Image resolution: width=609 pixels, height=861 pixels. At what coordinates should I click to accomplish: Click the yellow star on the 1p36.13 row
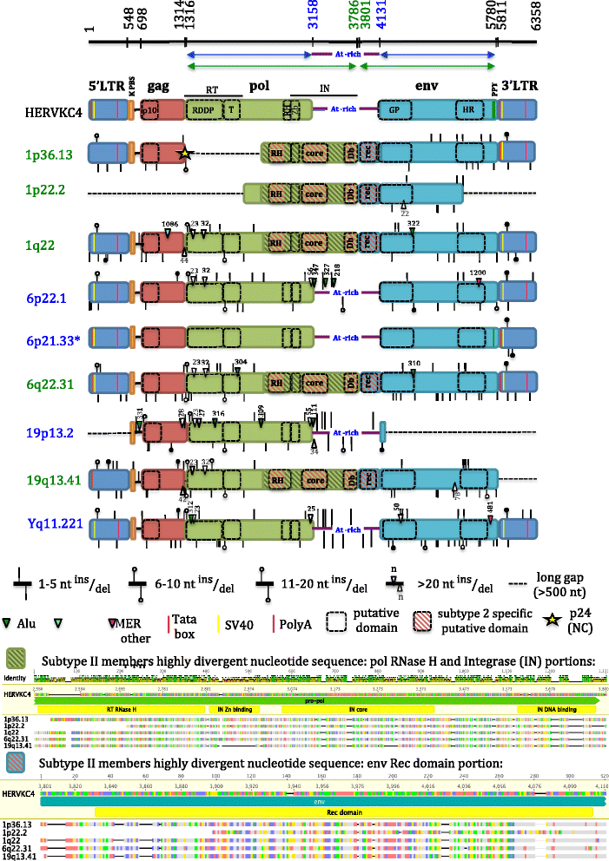(184, 154)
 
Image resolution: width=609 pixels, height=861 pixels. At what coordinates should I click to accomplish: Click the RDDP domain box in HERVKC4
(205, 110)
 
